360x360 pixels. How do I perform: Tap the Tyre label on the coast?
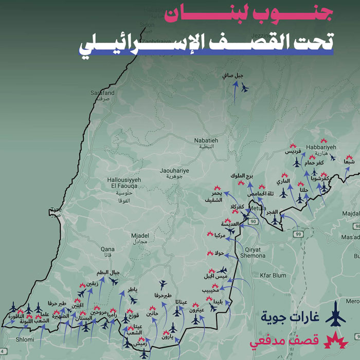click(x=56, y=210)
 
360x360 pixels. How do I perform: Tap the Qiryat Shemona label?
click(x=253, y=252)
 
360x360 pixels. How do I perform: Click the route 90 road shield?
click(x=253, y=221)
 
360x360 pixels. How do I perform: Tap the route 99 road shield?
click(x=298, y=235)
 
